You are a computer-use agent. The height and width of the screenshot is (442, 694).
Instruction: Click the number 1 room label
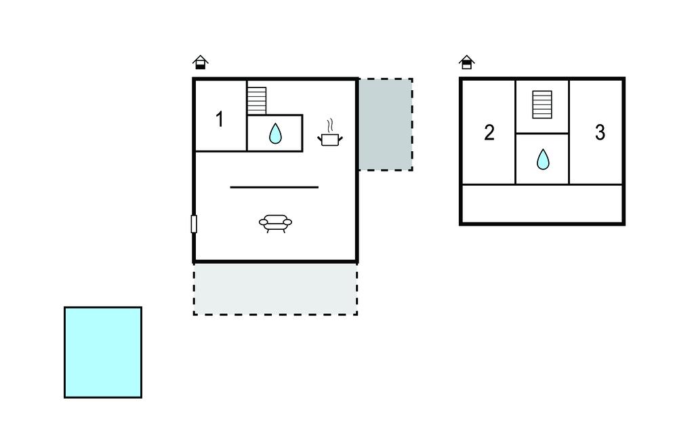click(220, 119)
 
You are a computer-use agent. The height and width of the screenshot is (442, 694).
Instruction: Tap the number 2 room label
click(489, 132)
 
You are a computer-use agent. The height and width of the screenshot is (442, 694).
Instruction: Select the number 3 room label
click(600, 132)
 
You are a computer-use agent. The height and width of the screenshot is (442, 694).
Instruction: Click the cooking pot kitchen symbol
click(330, 139)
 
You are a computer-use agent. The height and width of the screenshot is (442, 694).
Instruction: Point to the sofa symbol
click(275, 222)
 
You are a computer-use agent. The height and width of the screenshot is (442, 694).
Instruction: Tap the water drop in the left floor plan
click(275, 134)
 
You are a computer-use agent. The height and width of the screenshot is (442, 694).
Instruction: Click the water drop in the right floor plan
click(543, 159)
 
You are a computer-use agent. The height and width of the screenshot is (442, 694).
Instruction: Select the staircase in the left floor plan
click(256, 100)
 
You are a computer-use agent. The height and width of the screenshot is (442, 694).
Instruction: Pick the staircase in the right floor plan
click(542, 104)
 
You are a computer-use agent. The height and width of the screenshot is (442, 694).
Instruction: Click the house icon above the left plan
click(200, 63)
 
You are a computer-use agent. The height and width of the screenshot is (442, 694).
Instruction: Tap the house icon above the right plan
click(466, 63)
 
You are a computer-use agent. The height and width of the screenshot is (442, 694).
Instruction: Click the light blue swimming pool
click(103, 352)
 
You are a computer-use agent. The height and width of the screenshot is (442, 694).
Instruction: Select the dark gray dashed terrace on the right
click(385, 124)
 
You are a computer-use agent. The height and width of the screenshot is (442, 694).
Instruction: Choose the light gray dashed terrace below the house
click(275, 289)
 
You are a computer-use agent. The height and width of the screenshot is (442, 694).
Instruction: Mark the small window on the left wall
click(194, 224)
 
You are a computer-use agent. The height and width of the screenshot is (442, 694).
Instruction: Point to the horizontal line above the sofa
click(274, 186)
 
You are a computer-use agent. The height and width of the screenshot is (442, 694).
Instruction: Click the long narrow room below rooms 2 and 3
click(542, 203)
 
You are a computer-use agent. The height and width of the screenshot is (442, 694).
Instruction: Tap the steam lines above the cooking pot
click(330, 125)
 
